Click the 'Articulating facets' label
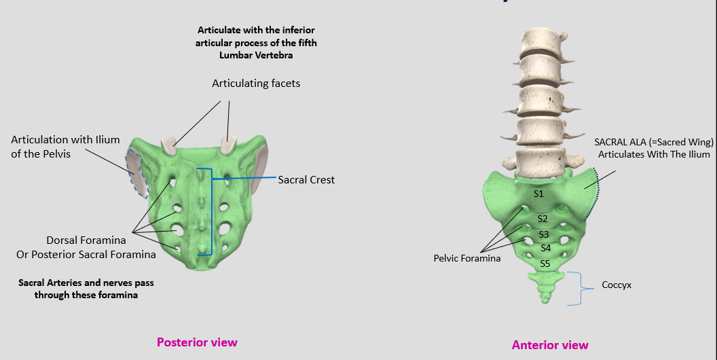coord(256,84)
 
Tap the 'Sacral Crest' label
coord(306,180)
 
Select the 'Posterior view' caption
coord(197,342)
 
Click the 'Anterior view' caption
coord(550,345)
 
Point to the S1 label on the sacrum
coord(538,194)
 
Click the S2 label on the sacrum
coord(543,219)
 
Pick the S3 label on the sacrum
coord(544,234)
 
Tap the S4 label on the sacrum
coord(545,248)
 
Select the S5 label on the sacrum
coord(545,263)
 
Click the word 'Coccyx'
coord(617,285)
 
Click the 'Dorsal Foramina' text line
coord(86,240)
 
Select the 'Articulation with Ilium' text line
coord(65,140)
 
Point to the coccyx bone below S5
coord(546,285)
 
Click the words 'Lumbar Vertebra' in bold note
coord(256,55)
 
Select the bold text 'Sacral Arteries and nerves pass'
coord(86,281)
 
